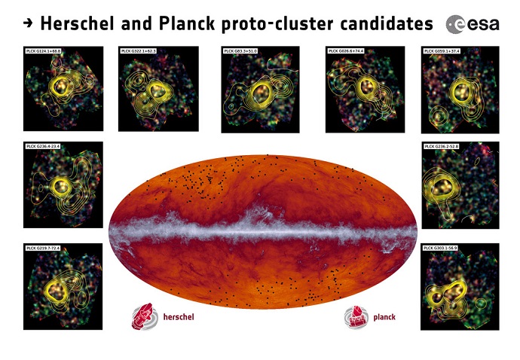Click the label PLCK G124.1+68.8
(44, 50)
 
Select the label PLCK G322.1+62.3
(138, 51)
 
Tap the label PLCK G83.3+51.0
(240, 51)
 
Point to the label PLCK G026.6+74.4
(346, 51)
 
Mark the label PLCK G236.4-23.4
(44, 145)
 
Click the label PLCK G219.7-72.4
(44, 248)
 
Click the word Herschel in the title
(79, 23)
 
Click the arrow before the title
(27, 23)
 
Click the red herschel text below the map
(179, 317)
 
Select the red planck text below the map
(384, 317)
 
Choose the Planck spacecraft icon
(355, 316)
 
